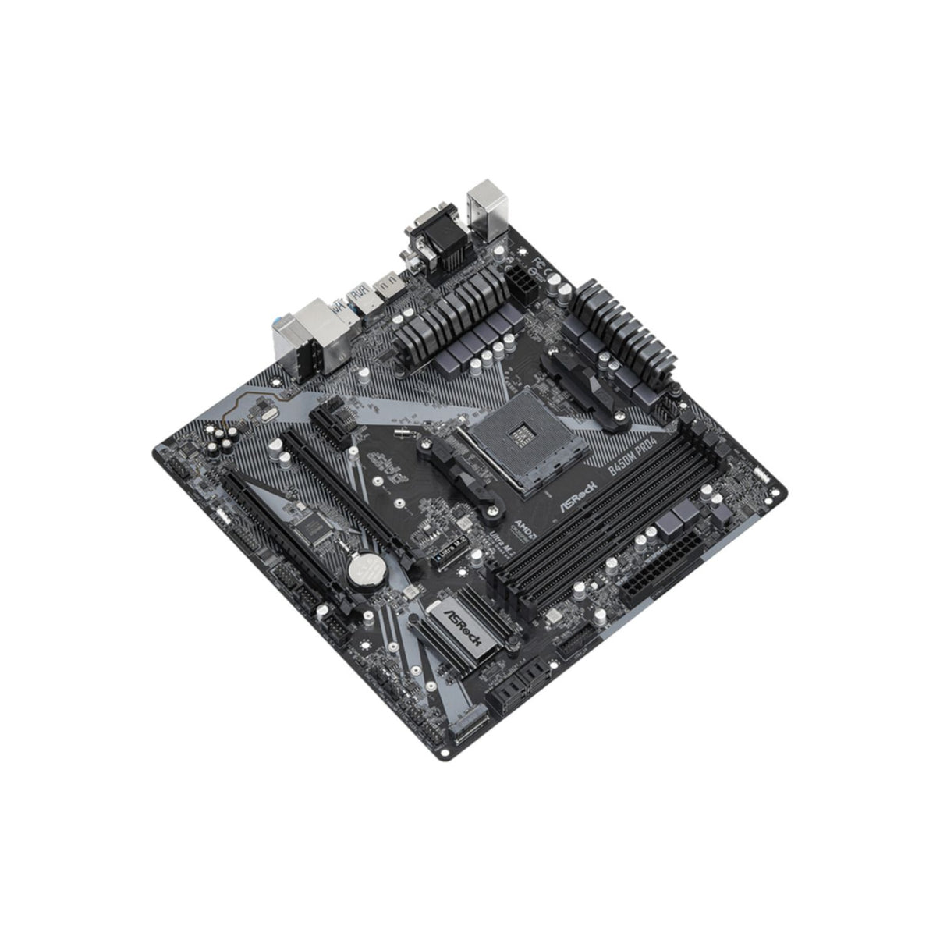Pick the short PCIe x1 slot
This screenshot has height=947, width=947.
331,422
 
